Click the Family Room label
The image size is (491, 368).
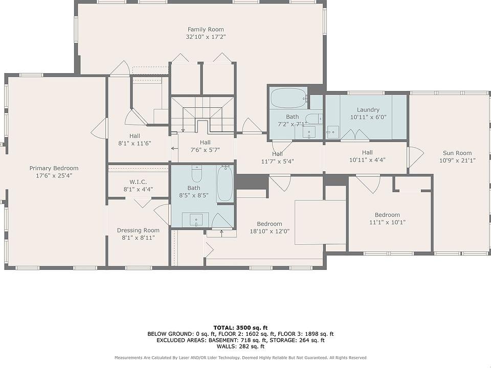tap(206, 30)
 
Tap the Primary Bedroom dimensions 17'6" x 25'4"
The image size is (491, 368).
tap(54, 175)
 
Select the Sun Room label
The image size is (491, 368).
tap(457, 153)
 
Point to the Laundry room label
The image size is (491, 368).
tap(368, 110)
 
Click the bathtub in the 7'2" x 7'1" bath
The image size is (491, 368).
tap(288, 98)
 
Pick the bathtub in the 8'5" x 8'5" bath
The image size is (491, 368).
tap(225, 183)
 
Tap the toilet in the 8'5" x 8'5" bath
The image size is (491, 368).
tap(196, 174)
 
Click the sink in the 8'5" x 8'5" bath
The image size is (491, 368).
tap(196, 219)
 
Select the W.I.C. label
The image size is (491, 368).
tap(138, 182)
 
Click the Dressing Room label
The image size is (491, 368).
tap(138, 231)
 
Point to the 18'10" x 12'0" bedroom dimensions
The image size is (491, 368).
tap(270, 231)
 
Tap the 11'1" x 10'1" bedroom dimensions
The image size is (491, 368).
tap(387, 222)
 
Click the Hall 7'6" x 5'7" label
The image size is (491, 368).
tap(205, 146)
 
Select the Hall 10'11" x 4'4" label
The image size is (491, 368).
tap(367, 156)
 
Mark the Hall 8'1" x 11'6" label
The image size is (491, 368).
tap(135, 140)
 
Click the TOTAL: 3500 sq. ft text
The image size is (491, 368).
tap(240, 328)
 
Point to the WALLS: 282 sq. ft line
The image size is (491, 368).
tap(240, 347)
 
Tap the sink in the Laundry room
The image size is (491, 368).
tap(332, 132)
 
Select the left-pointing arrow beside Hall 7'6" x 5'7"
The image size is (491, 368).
tap(174, 148)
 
